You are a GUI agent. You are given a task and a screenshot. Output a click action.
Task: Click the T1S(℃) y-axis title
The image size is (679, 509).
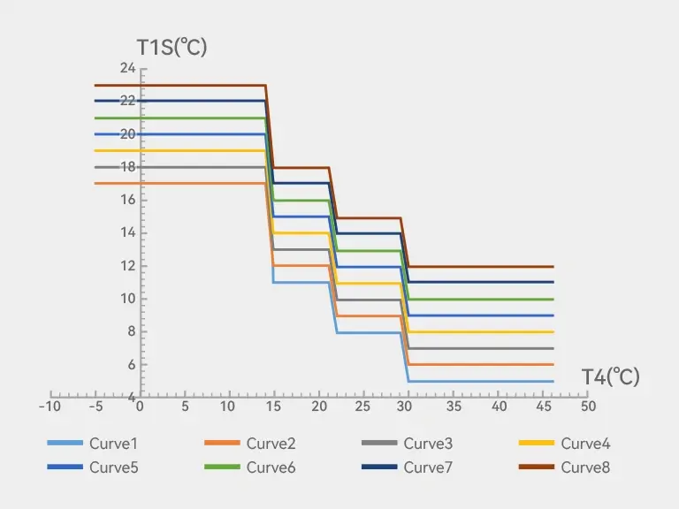(x=172, y=47)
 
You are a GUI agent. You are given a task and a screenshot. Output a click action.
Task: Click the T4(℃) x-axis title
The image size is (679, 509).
(x=610, y=377)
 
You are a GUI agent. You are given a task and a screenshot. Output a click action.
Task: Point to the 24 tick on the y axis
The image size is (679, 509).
(x=127, y=68)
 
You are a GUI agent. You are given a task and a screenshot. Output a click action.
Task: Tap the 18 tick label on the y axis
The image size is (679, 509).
(x=127, y=167)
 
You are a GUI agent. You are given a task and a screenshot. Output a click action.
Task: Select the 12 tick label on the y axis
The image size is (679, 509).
(x=127, y=266)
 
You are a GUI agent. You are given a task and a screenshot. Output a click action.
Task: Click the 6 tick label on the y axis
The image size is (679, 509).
(x=130, y=365)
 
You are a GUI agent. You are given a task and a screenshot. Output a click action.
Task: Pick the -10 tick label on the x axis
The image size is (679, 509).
(x=50, y=406)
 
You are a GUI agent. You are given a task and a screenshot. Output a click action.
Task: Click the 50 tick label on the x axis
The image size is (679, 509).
(x=588, y=406)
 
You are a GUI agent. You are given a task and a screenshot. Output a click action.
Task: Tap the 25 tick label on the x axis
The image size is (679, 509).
(x=363, y=406)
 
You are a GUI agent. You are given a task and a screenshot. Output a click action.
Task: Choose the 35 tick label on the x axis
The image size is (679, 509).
(x=454, y=406)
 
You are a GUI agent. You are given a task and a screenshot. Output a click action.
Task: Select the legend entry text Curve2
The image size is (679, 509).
(x=271, y=444)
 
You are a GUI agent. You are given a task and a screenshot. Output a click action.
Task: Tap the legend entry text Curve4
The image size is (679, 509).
(x=585, y=444)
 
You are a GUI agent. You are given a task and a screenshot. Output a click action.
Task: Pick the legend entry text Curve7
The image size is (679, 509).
(x=428, y=467)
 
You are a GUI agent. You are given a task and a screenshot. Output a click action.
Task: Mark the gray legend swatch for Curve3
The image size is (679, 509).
(x=379, y=443)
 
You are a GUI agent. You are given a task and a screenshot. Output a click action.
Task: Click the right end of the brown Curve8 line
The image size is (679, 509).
(x=553, y=266)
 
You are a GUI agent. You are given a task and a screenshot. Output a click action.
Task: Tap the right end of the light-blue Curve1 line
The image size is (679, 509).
(x=553, y=382)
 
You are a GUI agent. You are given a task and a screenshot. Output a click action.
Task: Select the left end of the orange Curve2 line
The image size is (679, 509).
(x=95, y=183)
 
